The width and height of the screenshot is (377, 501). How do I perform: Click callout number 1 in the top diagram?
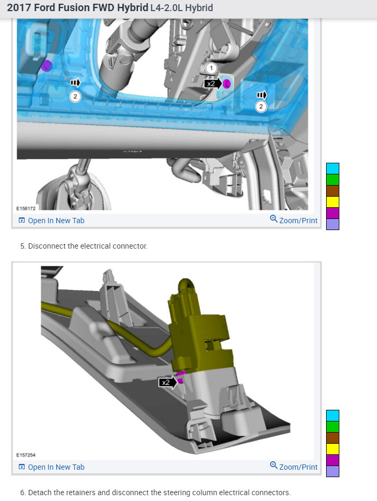(x=211, y=68)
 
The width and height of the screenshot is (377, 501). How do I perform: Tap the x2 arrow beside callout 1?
(x=213, y=84)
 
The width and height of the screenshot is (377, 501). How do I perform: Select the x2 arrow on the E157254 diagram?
(x=168, y=382)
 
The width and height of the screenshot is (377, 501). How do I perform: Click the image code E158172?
(x=26, y=208)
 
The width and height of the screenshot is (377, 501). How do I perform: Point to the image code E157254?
(x=26, y=455)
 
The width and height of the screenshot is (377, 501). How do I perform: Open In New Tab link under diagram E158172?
(x=51, y=221)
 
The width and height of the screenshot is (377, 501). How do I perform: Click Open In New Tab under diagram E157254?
(x=51, y=467)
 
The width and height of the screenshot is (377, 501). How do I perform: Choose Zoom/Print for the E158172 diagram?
(x=294, y=220)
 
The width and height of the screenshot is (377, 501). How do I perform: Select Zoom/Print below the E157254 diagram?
(x=294, y=467)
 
